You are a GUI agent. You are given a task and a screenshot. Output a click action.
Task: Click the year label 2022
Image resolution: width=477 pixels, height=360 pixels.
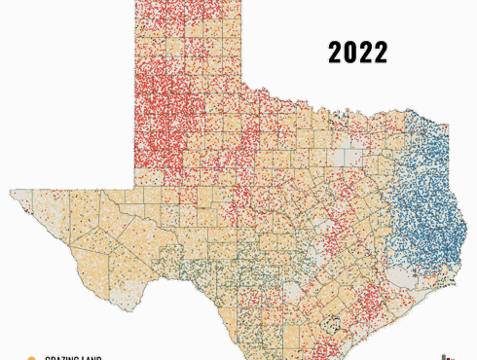357,53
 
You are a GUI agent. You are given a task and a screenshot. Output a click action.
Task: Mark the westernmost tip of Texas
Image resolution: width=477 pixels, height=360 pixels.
11,192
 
